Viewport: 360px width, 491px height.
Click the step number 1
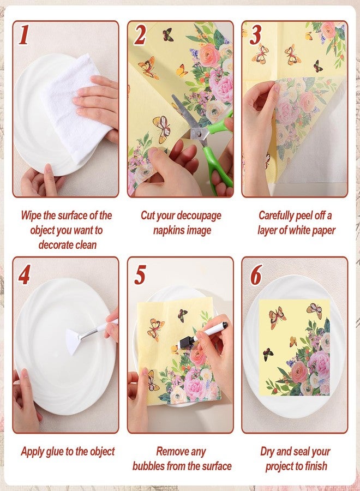coord(24,35)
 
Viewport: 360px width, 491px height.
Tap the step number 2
coord(140,35)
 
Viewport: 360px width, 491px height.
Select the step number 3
coord(255,35)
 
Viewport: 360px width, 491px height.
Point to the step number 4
coord(25,274)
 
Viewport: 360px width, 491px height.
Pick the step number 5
coord(140,274)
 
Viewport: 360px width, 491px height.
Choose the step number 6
coord(256,274)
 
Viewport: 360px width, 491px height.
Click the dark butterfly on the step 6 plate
coord(268,354)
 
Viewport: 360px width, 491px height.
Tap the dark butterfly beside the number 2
coord(168,34)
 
